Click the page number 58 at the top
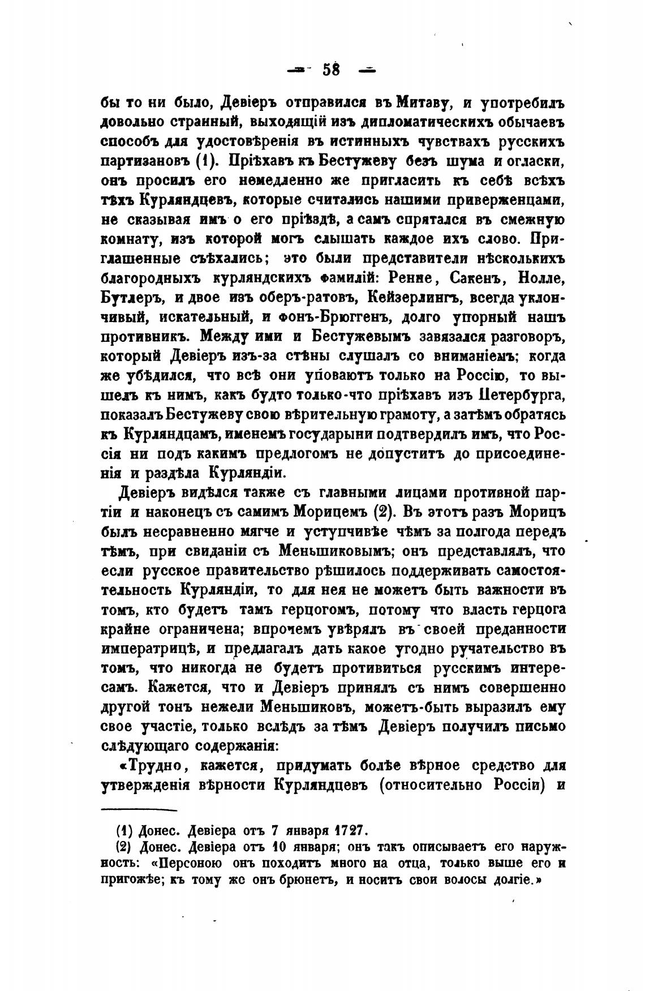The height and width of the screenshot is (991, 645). click(331, 70)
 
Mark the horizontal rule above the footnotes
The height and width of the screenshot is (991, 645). click(139, 810)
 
